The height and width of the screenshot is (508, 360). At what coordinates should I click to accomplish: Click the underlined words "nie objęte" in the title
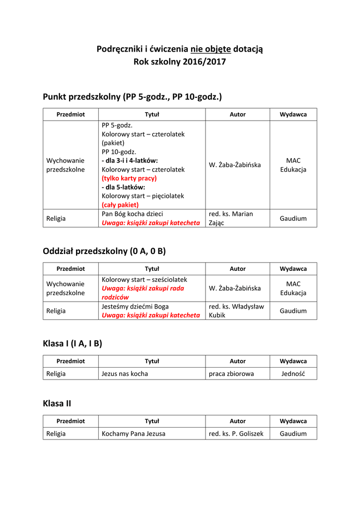click(211, 49)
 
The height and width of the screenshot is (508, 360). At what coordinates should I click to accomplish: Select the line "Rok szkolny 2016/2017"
click(180, 62)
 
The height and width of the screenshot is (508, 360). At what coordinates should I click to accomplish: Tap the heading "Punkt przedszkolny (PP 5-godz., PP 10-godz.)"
click(133, 96)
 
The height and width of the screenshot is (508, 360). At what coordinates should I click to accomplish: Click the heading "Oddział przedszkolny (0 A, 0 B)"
click(104, 251)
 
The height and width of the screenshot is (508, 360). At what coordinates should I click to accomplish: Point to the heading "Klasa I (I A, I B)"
click(72, 343)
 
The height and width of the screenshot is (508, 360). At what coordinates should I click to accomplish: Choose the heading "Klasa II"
click(57, 404)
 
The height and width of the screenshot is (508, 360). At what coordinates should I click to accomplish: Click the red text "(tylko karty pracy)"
click(129, 178)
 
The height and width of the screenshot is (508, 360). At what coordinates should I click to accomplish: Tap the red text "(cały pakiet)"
click(120, 204)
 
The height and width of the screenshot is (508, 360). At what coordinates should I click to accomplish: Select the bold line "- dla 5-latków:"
click(123, 187)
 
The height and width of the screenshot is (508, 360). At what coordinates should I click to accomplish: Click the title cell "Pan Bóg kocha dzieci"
click(132, 214)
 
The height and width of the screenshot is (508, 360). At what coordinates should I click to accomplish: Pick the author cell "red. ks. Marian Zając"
click(231, 218)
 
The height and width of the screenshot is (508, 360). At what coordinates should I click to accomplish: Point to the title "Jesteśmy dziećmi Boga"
click(135, 306)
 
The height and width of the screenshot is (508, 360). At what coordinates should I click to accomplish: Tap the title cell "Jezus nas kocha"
click(125, 374)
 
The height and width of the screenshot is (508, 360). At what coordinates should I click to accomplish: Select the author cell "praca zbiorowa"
click(231, 374)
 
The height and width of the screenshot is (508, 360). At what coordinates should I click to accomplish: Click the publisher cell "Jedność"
click(293, 374)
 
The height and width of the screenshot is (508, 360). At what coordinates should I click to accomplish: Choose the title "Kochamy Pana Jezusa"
click(134, 434)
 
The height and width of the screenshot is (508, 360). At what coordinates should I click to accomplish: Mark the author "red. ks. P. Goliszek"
click(236, 434)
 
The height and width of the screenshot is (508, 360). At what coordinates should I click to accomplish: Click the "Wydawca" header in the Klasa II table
click(293, 421)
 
